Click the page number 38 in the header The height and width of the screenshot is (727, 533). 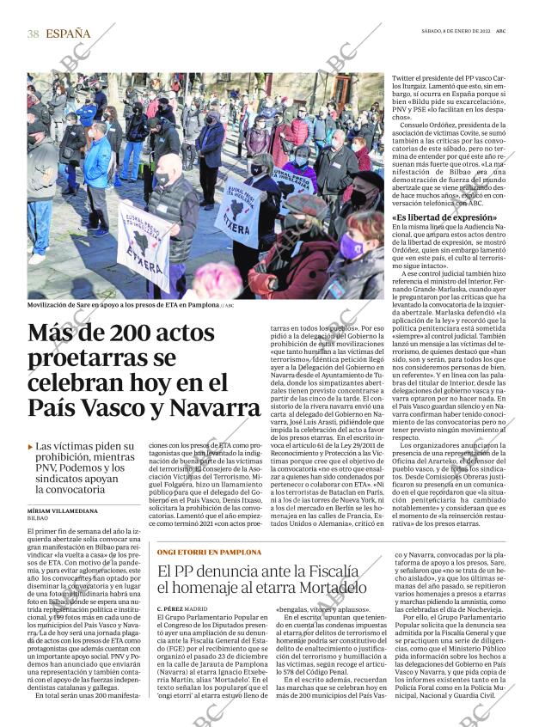[33, 34]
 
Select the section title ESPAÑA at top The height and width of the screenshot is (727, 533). [68, 34]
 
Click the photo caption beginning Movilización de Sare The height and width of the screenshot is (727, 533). [129, 305]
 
